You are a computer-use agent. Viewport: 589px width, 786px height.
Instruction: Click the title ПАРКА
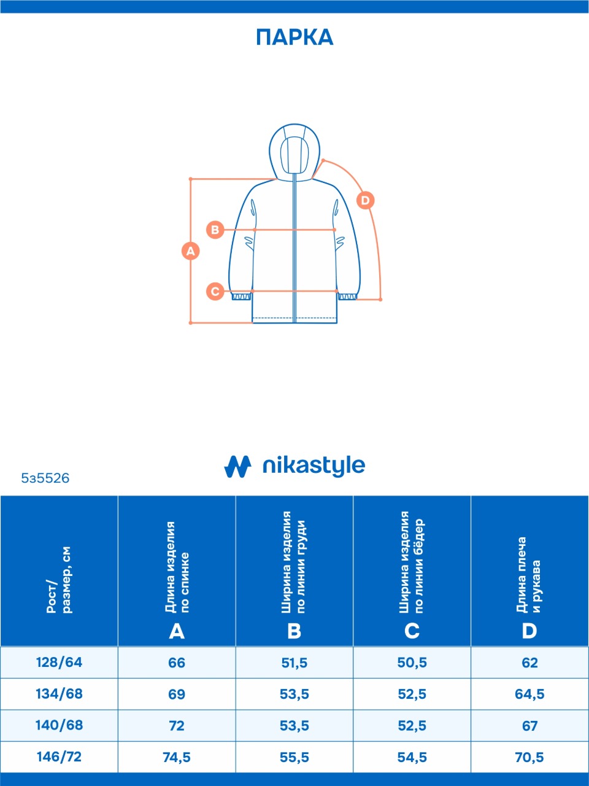pyautogui.click(x=294, y=37)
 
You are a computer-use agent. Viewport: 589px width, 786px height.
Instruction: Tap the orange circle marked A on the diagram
pyautogui.click(x=191, y=251)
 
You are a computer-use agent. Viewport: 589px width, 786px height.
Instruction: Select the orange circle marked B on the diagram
pyautogui.click(x=215, y=230)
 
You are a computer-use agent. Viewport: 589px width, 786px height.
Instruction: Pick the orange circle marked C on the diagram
pyautogui.click(x=215, y=291)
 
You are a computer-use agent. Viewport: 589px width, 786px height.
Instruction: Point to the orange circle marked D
pyautogui.click(x=365, y=200)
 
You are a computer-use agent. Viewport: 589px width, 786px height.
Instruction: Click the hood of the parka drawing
pyautogui.click(x=294, y=150)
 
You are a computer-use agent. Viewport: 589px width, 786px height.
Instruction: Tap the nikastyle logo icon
pyautogui.click(x=237, y=466)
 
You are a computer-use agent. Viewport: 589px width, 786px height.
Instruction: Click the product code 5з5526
pyautogui.click(x=45, y=478)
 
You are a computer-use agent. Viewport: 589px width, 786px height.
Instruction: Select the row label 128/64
pyautogui.click(x=59, y=663)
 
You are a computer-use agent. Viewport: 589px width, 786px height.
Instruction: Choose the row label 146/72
pyautogui.click(x=59, y=757)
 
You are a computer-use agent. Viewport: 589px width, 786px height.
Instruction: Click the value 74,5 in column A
pyautogui.click(x=177, y=757)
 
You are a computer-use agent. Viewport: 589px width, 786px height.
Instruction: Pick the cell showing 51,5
pyautogui.click(x=294, y=663)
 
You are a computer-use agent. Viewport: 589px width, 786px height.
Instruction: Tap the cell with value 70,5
pyautogui.click(x=529, y=757)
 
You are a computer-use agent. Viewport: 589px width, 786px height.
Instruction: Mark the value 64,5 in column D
pyautogui.click(x=529, y=695)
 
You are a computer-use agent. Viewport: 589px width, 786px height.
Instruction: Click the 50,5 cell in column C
pyautogui.click(x=412, y=663)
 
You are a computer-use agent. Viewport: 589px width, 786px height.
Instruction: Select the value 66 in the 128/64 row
pyautogui.click(x=177, y=663)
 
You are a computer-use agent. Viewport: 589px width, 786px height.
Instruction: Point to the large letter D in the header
pyautogui.click(x=529, y=631)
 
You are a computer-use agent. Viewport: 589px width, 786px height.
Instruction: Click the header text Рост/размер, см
pyautogui.click(x=59, y=580)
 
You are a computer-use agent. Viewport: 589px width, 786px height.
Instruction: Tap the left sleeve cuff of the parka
pyautogui.click(x=241, y=297)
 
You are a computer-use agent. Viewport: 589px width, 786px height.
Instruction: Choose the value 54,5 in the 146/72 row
pyautogui.click(x=412, y=757)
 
